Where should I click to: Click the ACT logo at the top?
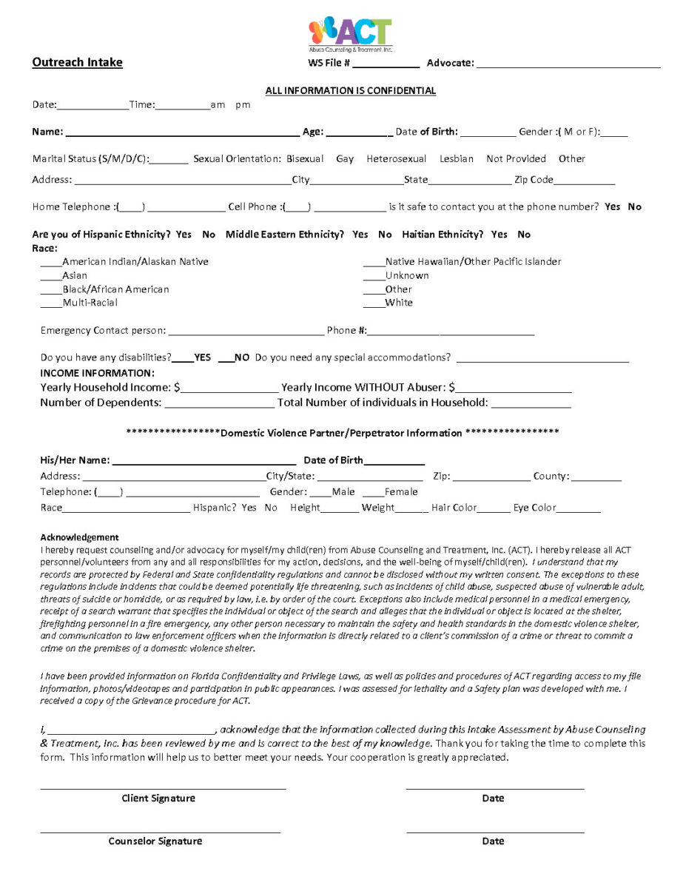tap(350, 34)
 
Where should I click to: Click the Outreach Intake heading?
tap(77, 63)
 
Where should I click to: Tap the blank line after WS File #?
tap(386, 65)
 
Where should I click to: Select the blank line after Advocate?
tap(568, 65)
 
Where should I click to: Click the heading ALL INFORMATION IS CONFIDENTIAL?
tap(350, 91)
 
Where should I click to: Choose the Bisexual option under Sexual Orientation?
tap(305, 159)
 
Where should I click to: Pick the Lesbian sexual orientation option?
tap(456, 159)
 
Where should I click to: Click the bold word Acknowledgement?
tap(79, 537)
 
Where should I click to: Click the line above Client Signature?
tap(163, 789)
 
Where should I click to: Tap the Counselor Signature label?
tap(155, 841)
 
